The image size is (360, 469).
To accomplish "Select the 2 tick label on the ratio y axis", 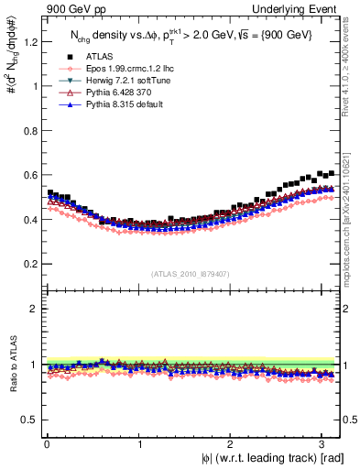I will pyautogui.click(x=33, y=309).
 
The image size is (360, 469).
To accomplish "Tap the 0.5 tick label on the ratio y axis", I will pyautogui.click(x=28, y=420).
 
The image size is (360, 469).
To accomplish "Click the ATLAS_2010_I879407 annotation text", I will pyautogui.click(x=190, y=273).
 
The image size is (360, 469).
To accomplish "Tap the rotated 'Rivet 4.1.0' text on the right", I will pyautogui.click(x=347, y=73).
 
